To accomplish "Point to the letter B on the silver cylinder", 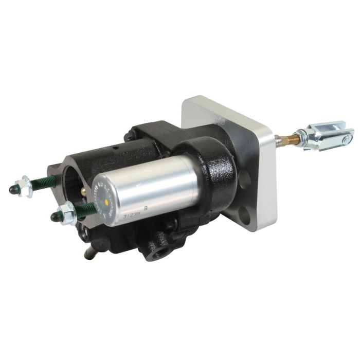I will [146, 209].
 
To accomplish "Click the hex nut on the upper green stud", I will [27, 187].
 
